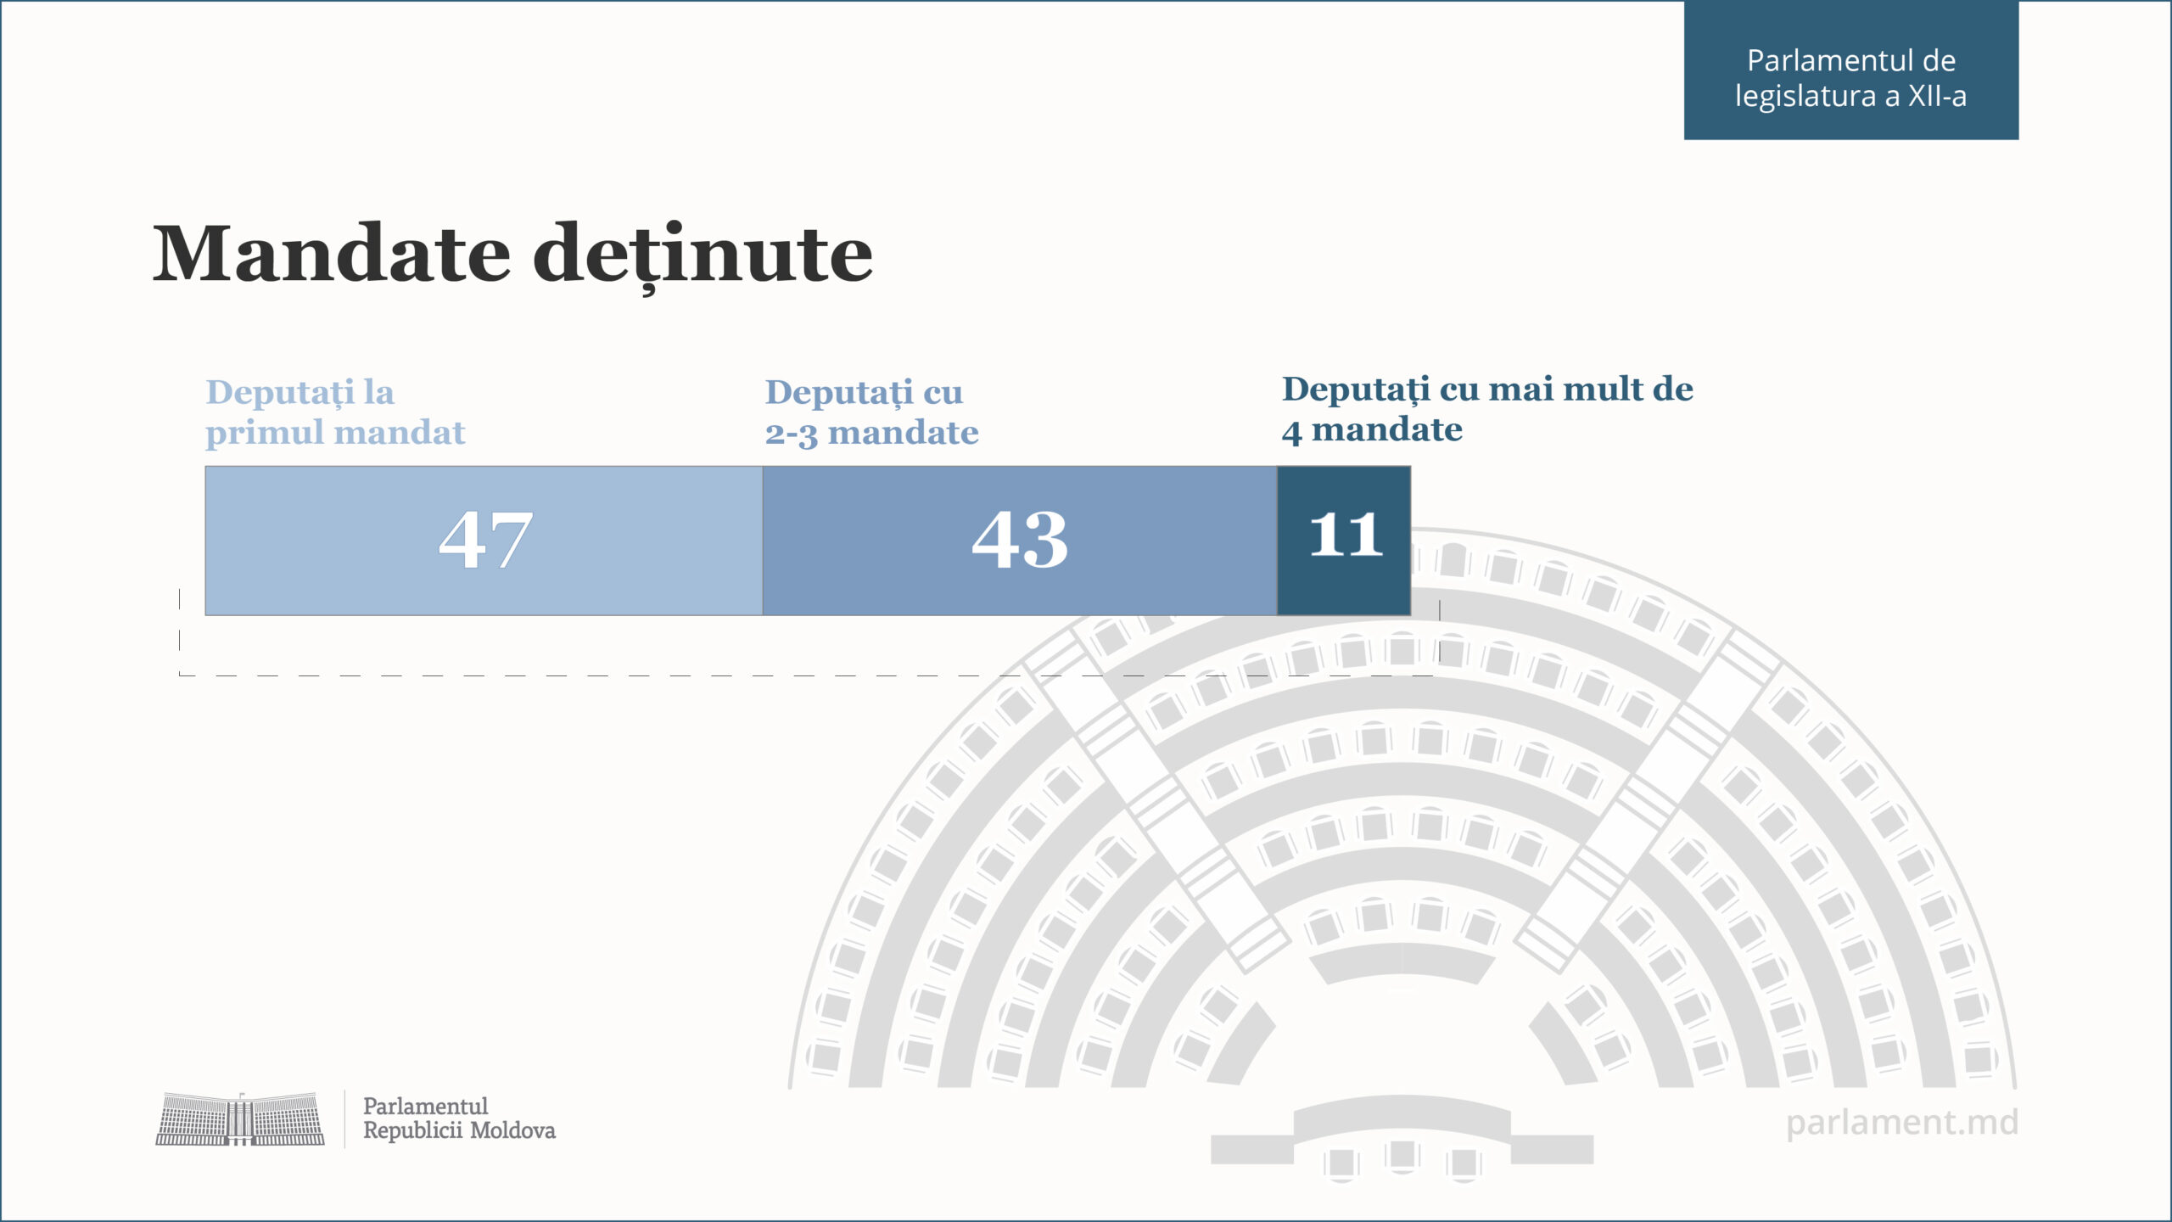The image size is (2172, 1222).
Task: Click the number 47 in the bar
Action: coord(485,540)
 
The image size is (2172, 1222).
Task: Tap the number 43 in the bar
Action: coord(1019,540)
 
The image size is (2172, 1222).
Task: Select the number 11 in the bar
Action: coord(1346,535)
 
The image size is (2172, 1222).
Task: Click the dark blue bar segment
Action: coord(1344,586)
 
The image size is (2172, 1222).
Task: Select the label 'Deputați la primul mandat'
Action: coord(335,412)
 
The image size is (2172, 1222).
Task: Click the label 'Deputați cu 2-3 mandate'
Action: coord(871,412)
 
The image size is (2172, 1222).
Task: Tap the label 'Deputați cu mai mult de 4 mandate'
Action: coord(1486,409)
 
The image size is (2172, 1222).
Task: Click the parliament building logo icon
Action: coord(240,1119)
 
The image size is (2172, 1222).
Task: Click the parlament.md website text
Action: coord(1901,1122)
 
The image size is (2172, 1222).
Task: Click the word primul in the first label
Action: coord(252,433)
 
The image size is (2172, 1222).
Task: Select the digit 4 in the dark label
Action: coord(1291,431)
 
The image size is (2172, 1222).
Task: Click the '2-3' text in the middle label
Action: coord(791,434)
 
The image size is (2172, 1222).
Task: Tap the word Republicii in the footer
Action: coord(413,1130)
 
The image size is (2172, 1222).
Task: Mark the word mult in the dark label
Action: coord(1603,389)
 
